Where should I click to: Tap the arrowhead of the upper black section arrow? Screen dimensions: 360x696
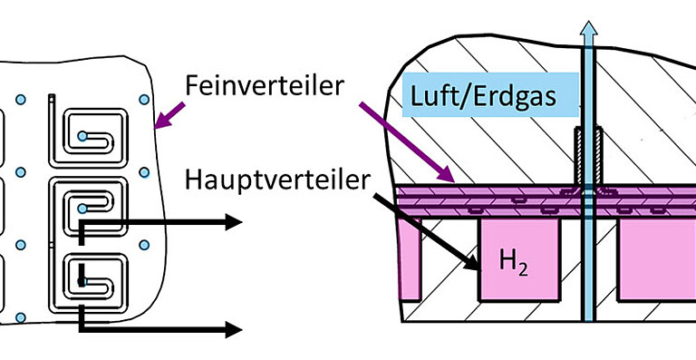[x=233, y=221]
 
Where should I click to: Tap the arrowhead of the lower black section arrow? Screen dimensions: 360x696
[x=233, y=328]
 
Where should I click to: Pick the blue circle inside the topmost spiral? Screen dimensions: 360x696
[x=82, y=136]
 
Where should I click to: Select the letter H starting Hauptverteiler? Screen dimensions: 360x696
[x=193, y=179]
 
